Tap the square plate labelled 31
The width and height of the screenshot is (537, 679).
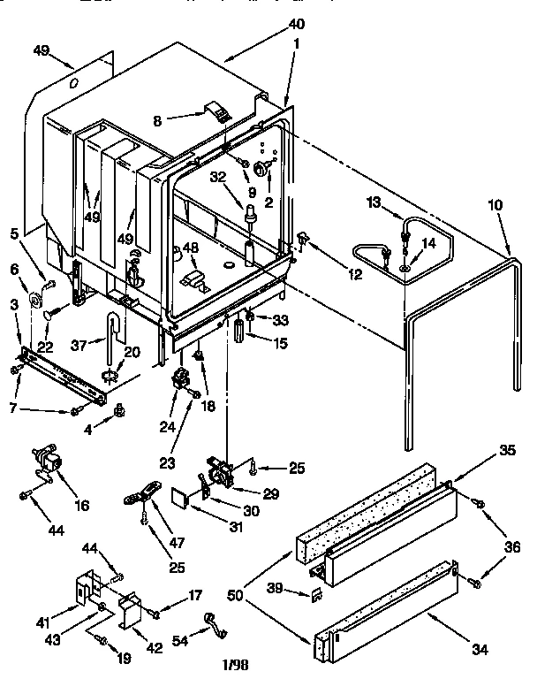[182, 498]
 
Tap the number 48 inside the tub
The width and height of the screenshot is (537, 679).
[189, 250]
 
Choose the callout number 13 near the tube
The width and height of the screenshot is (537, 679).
[372, 202]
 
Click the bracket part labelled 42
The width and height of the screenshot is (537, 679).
[132, 611]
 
